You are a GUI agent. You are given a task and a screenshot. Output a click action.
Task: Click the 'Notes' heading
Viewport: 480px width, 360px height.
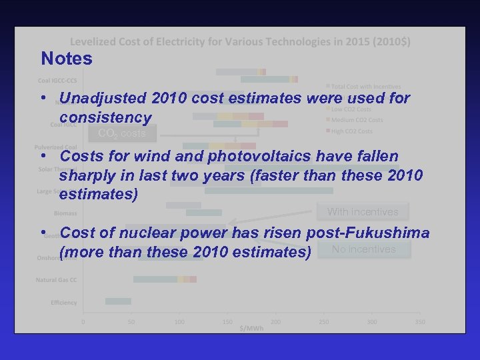(67, 59)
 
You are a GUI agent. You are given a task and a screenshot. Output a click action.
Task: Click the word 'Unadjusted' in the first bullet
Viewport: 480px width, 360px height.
(104, 99)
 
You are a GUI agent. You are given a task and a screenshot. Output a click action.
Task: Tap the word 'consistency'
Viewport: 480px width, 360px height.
(105, 117)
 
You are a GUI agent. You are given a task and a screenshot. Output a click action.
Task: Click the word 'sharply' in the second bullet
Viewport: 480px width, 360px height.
(87, 176)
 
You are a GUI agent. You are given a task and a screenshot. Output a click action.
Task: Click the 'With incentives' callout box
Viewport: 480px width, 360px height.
(363, 212)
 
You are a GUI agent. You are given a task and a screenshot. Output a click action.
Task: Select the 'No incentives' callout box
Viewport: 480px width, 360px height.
(364, 249)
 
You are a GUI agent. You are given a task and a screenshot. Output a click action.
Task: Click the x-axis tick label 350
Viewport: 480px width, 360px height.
(420, 322)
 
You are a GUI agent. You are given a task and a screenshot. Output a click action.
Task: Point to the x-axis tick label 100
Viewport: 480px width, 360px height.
(179, 322)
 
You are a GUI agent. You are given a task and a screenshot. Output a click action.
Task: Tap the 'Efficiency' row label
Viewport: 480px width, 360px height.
(64, 303)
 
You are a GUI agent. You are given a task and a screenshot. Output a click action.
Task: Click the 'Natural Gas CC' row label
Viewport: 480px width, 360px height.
(57, 279)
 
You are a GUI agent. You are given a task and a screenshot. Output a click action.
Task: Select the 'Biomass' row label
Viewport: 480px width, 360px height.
(66, 213)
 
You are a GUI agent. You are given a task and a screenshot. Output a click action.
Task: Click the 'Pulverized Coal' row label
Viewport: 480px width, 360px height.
(57, 147)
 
